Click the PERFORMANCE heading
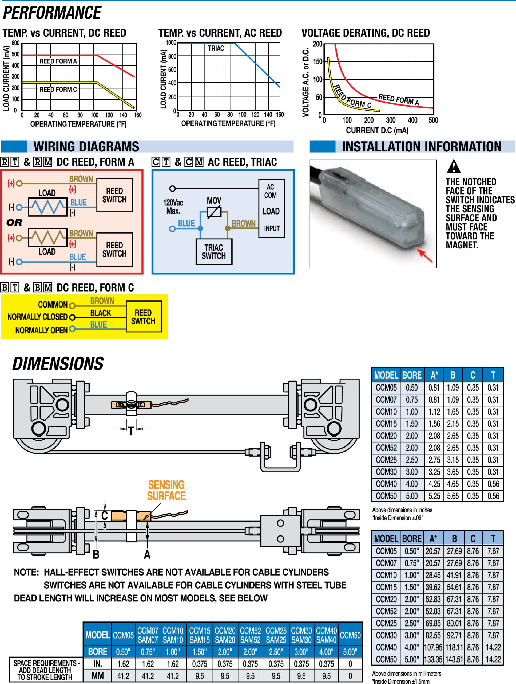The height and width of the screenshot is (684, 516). [52, 13]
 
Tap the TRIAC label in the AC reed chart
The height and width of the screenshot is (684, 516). [216, 49]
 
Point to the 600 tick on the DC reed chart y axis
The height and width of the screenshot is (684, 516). [15, 43]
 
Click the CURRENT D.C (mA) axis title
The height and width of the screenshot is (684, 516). [377, 130]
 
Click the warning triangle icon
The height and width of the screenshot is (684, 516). [453, 167]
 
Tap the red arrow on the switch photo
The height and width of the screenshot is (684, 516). [425, 255]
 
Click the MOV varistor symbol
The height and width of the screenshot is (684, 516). [214, 212]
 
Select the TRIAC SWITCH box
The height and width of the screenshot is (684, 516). [214, 252]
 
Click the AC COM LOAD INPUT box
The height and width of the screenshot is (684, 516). [271, 208]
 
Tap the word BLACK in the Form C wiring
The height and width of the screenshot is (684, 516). [100, 313]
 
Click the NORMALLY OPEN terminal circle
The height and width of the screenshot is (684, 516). [72, 329]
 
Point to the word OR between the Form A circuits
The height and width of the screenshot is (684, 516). [14, 222]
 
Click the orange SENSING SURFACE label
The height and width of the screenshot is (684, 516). [166, 490]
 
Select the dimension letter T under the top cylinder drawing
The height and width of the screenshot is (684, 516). [131, 431]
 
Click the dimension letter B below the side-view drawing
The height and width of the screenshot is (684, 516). [96, 554]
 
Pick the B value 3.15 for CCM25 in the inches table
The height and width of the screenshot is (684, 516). [453, 460]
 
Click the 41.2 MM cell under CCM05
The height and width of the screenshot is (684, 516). [123, 676]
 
